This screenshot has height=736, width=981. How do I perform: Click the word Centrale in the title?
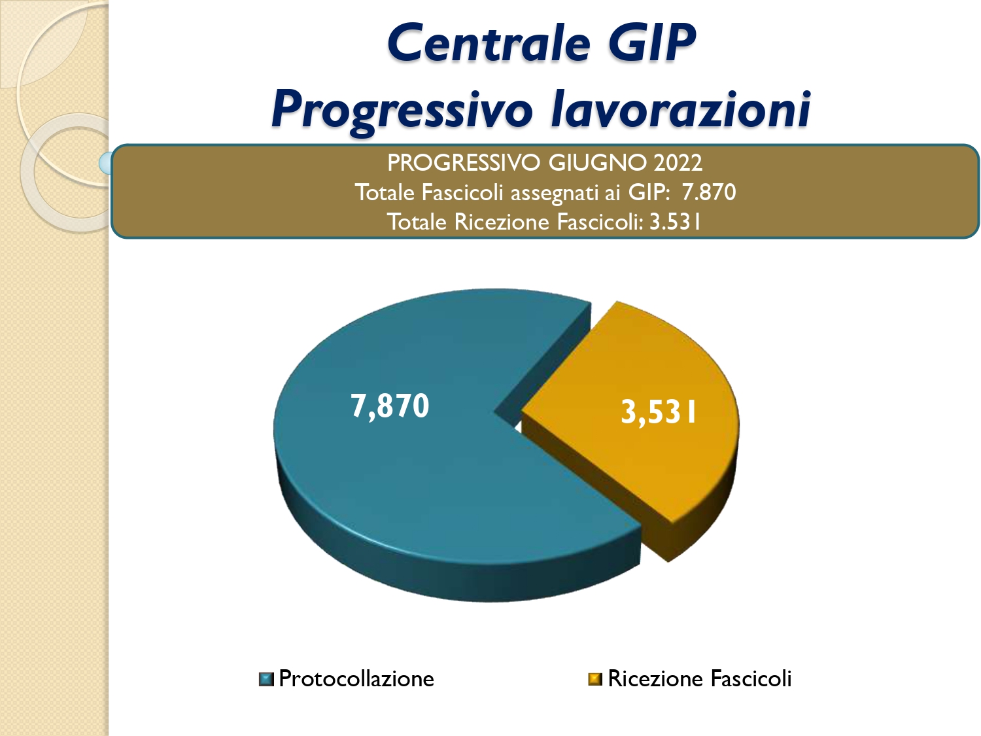[x=489, y=43]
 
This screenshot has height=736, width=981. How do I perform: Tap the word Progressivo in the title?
[x=402, y=110]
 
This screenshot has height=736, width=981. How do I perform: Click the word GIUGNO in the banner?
[x=597, y=163]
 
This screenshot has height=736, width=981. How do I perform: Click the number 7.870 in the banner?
[x=709, y=192]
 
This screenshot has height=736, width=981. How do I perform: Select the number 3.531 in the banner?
[x=675, y=222]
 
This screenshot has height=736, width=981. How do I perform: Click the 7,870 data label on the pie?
[x=390, y=406]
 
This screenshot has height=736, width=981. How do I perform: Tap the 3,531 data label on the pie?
[x=659, y=412]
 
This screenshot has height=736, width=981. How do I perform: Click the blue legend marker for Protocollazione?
[x=266, y=680]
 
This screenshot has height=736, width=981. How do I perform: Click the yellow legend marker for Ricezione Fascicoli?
[x=595, y=679]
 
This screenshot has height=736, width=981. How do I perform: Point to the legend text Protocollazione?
[x=356, y=679]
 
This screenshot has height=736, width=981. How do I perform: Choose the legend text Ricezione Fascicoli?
[x=699, y=679]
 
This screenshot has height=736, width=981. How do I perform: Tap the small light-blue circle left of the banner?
[x=106, y=163]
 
